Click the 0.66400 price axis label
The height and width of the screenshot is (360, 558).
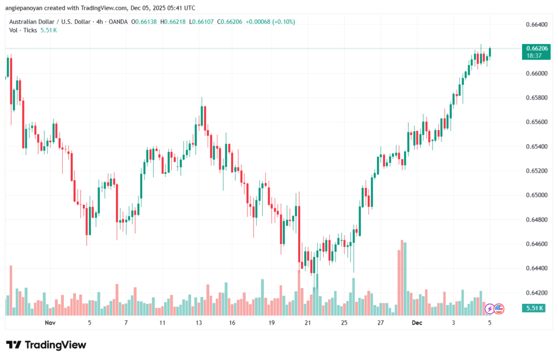pyautogui.click(x=536, y=25)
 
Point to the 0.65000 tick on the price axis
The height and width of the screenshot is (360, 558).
pyautogui.click(x=536, y=195)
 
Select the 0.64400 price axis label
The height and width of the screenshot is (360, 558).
pyautogui.click(x=536, y=268)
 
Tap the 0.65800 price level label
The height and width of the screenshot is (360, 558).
pyautogui.click(x=536, y=97)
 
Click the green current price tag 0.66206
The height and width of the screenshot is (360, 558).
pyautogui.click(x=537, y=48)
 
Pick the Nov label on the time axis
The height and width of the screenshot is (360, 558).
pyautogui.click(x=50, y=322)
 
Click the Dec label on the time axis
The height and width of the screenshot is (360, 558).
pyautogui.click(x=417, y=322)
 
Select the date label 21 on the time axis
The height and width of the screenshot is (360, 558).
pyautogui.click(x=308, y=322)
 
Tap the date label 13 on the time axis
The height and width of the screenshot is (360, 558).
pyautogui.click(x=199, y=322)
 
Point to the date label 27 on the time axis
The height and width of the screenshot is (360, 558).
pyautogui.click(x=381, y=322)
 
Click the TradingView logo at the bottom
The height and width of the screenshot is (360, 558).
pyautogui.click(x=46, y=345)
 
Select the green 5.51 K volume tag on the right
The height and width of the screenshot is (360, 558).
pyautogui.click(x=537, y=308)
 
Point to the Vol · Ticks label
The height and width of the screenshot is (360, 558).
pyautogui.click(x=23, y=30)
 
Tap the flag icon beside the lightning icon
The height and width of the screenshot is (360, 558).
pyautogui.click(x=499, y=309)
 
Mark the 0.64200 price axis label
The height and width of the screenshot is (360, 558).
pyautogui.click(x=536, y=292)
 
